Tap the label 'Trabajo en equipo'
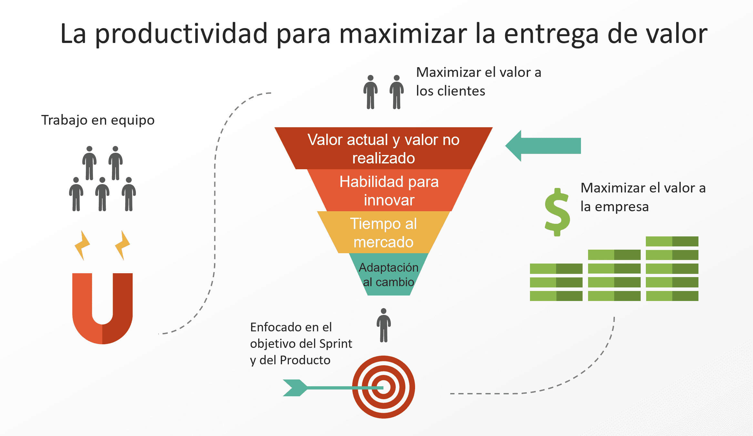98,120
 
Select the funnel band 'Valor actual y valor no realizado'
383,148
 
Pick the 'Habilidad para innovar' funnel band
389,190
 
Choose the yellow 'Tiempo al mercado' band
383,232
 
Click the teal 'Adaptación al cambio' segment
389,274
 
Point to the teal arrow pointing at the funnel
543,146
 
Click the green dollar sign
557,212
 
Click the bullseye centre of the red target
383,387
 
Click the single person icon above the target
384,325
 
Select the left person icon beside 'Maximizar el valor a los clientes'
371,92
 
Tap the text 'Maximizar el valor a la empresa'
643,197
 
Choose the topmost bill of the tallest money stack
672,241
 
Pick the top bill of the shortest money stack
556,268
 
